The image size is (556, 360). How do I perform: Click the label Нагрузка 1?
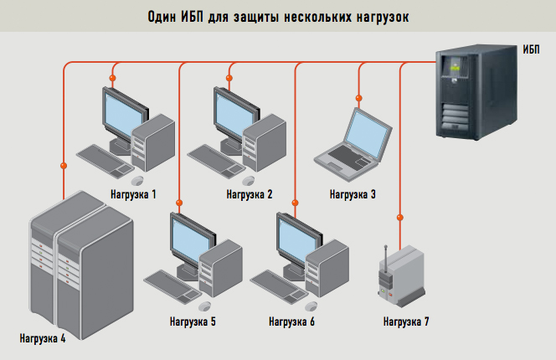(133, 194)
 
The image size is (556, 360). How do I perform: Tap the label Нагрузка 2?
(250, 194)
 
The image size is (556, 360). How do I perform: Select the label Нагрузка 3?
(353, 194)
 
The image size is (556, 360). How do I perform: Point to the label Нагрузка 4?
(43, 338)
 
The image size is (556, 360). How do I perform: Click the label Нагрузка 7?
(406, 321)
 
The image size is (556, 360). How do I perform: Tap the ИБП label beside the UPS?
(531, 49)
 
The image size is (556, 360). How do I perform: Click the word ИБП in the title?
(193, 17)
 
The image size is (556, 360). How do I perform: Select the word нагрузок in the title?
(382, 17)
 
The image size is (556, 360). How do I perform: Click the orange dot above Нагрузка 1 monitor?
(112, 78)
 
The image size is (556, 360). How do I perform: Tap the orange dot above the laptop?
(359, 98)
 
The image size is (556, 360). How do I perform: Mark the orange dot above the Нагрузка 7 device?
(400, 218)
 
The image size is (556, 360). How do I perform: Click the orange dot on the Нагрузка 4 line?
(64, 166)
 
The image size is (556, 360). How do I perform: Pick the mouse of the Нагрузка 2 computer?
(248, 181)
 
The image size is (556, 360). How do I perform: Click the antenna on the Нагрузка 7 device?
(385, 258)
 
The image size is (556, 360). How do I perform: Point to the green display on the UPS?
(455, 66)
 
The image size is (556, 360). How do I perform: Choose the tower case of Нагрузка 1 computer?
(153, 142)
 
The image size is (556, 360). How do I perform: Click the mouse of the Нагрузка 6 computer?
(311, 306)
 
